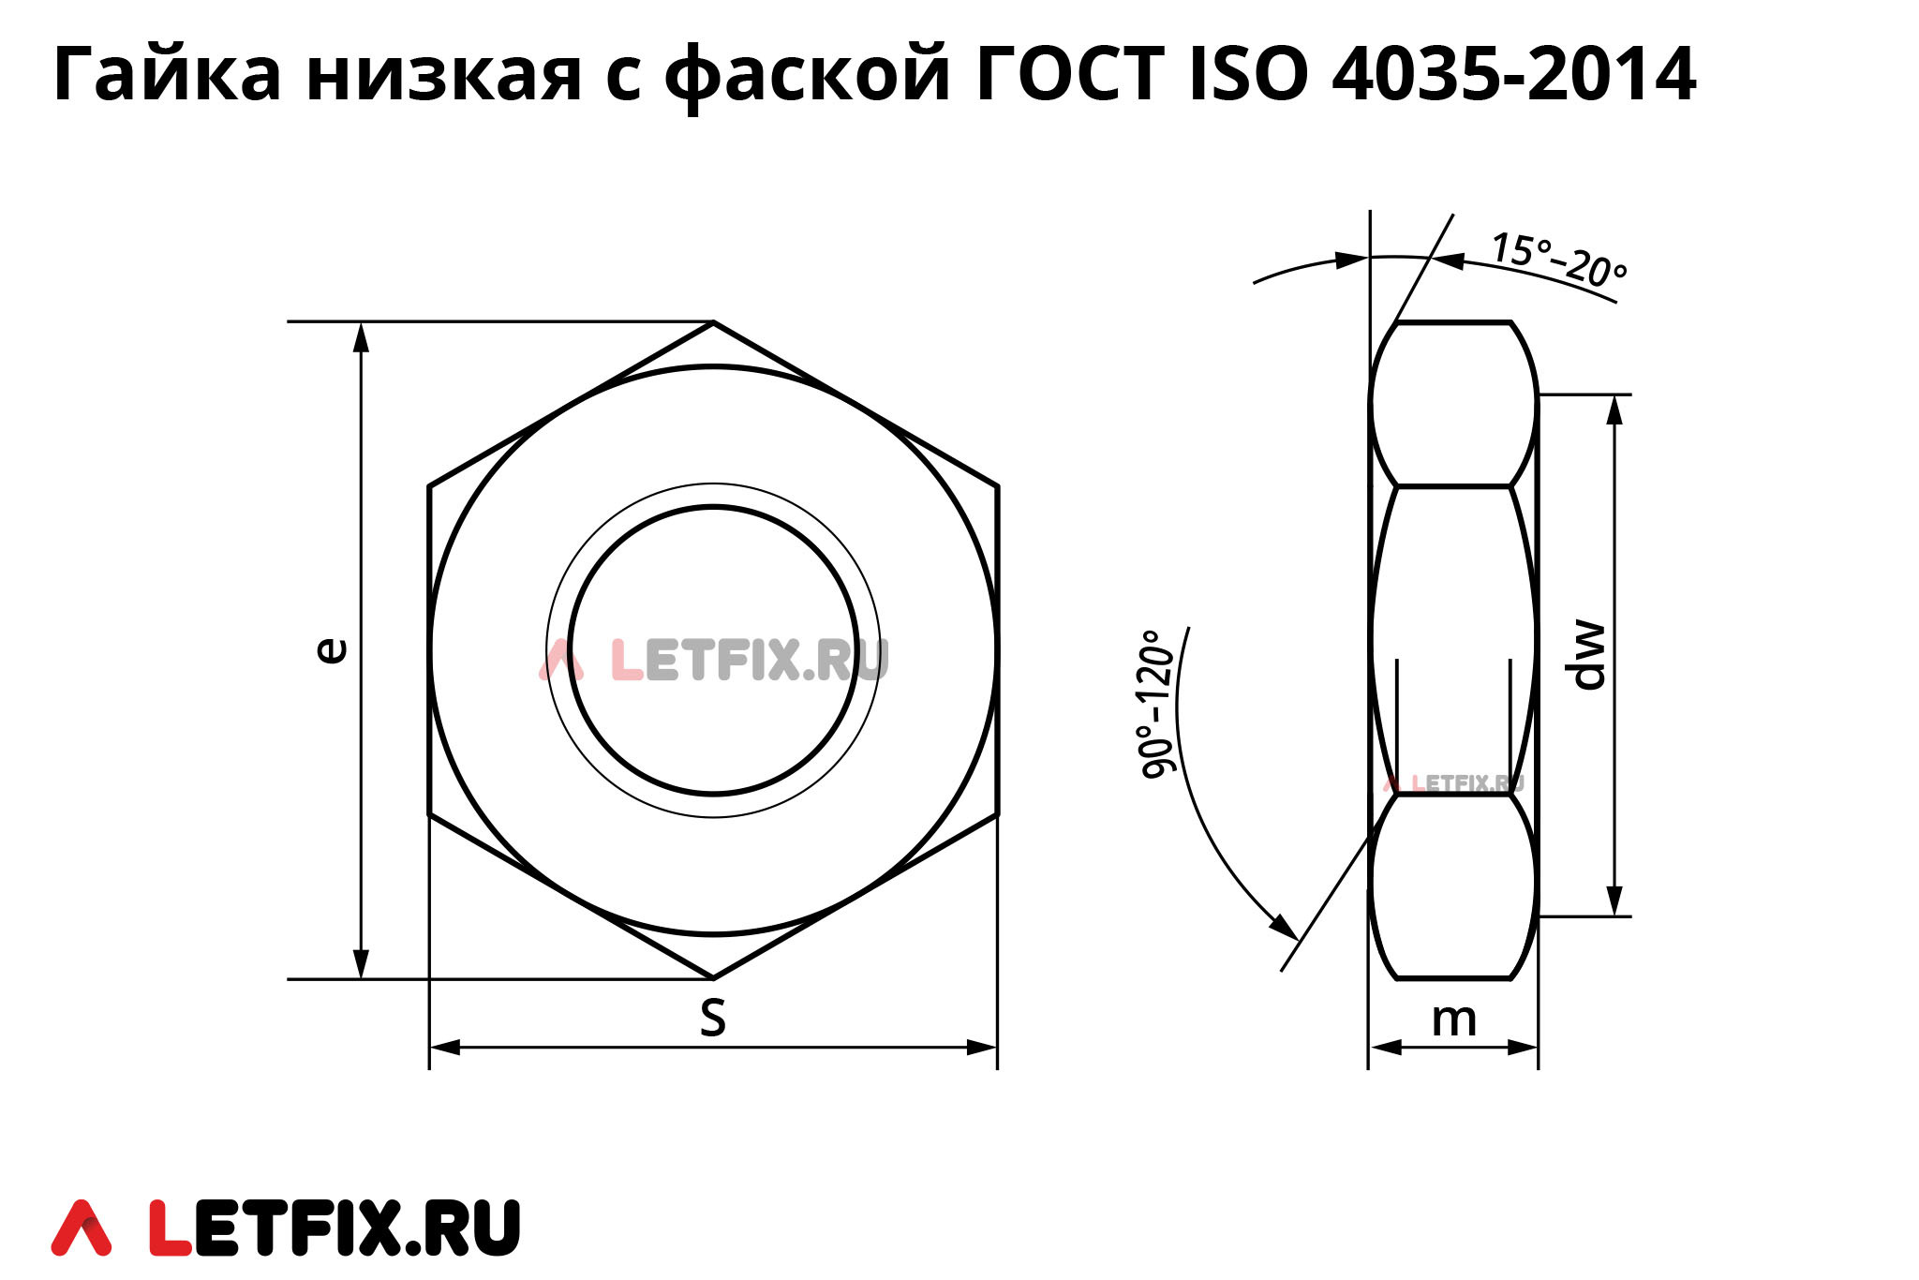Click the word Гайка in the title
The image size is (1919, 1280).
tap(167, 75)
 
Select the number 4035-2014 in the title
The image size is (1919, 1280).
tap(1512, 75)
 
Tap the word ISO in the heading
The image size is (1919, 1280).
tap(1247, 75)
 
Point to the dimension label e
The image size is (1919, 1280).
tap(330, 650)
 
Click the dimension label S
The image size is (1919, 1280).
tap(713, 1018)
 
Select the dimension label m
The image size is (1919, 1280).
tap(1453, 1020)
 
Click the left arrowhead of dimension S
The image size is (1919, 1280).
tap(444, 1047)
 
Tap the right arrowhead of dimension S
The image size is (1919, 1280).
tap(982, 1047)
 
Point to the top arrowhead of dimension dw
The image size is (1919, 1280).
tap(1614, 409)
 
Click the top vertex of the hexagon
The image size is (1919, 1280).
tap(713, 322)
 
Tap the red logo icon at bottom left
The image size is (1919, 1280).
tap(82, 1227)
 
